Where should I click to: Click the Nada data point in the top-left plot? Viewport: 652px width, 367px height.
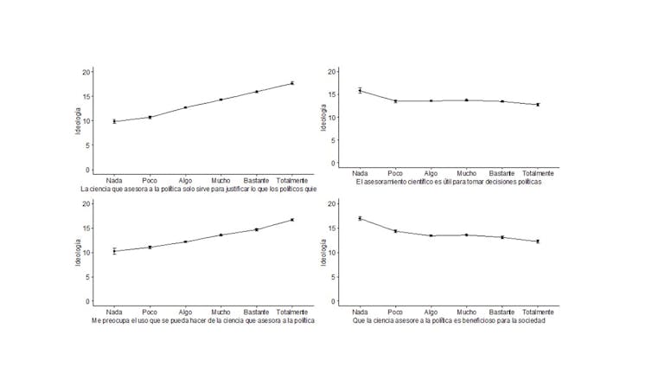click(x=114, y=121)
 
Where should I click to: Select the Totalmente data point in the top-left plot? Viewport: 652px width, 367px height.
click(x=292, y=83)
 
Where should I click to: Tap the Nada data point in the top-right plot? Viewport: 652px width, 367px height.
click(x=360, y=90)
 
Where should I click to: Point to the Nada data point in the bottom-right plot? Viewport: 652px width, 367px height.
click(x=360, y=218)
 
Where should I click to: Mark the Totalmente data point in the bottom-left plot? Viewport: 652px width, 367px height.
click(x=292, y=220)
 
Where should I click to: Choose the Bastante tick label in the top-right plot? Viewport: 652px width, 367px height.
click(x=502, y=173)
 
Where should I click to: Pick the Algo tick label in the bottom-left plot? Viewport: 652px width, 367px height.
click(x=185, y=311)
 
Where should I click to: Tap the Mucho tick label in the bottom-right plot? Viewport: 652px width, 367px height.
click(x=466, y=311)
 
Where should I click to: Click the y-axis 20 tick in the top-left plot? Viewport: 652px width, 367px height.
click(x=86, y=72)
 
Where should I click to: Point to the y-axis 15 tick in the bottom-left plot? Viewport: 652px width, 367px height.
click(x=86, y=228)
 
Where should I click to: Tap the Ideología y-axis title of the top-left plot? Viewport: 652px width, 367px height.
click(x=75, y=121)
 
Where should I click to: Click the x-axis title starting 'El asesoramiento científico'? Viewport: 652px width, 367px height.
click(x=448, y=182)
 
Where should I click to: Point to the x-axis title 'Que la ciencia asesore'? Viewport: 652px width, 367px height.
click(x=448, y=319)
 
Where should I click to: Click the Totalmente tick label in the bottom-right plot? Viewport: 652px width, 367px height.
click(x=537, y=311)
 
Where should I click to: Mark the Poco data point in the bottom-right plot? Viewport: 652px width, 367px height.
click(x=395, y=231)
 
